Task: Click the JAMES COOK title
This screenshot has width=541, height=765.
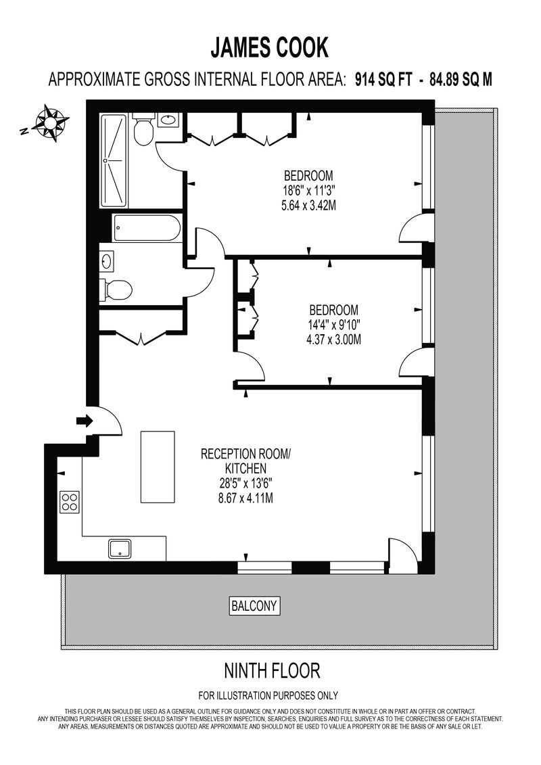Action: [x=270, y=48]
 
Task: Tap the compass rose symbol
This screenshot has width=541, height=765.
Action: [x=50, y=123]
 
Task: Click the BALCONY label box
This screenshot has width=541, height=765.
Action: [x=255, y=606]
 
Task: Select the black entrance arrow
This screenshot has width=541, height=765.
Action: [x=85, y=421]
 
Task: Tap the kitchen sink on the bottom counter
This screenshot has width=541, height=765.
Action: [x=120, y=549]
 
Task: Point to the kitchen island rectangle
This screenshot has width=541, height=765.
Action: [x=158, y=467]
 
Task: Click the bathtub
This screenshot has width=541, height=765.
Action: [x=147, y=228]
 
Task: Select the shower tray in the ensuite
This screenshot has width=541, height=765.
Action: [x=114, y=161]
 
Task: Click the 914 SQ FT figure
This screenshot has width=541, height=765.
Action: [x=383, y=79]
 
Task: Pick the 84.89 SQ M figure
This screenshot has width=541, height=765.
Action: [x=461, y=79]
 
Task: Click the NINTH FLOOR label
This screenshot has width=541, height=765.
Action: [x=272, y=671]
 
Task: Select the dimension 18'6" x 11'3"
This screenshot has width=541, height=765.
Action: [x=309, y=190]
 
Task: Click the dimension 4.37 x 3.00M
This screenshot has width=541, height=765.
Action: [x=333, y=340]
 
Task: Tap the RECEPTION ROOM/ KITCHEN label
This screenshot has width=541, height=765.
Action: [x=245, y=461]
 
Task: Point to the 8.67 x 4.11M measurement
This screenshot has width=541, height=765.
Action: [x=245, y=498]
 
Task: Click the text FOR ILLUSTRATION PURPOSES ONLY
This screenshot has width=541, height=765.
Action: [x=268, y=696]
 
